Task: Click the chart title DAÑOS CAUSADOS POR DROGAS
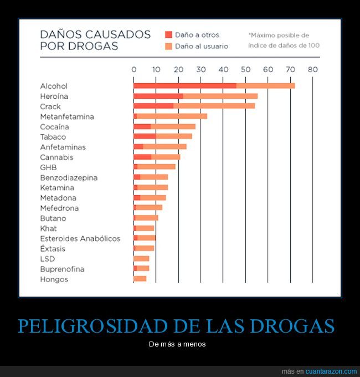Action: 95,40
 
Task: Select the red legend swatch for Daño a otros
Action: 168,34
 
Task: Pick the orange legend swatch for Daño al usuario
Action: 168,46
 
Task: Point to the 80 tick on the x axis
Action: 313,70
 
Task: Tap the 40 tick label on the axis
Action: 223,70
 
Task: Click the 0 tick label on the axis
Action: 133,70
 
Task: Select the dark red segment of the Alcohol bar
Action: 184,86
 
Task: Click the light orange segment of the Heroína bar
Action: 220,96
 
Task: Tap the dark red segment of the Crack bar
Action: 153,106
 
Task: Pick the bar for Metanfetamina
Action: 171,116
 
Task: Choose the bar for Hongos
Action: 140,279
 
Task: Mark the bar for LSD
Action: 141,259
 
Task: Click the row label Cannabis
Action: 56,157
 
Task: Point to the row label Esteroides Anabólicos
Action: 80,238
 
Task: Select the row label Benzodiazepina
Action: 69,177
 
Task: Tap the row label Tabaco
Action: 53,137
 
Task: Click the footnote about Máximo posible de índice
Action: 284,40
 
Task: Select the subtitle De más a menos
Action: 177,344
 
